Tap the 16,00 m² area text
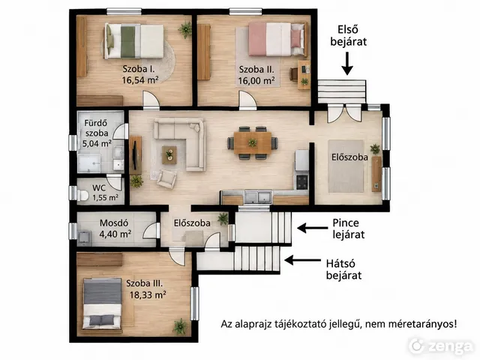[256, 81]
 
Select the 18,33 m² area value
[148, 295]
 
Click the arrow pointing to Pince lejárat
[312, 228]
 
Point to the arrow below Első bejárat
[346, 63]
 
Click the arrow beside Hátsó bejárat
[302, 260]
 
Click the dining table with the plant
[253, 142]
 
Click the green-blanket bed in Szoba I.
[134, 41]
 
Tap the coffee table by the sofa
[169, 154]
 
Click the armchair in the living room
[166, 178]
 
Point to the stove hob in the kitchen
[301, 181]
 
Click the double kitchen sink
[258, 196]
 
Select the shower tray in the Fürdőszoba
[89, 163]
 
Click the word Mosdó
[114, 223]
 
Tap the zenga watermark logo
[441, 346]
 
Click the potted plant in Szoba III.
[180, 326]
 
